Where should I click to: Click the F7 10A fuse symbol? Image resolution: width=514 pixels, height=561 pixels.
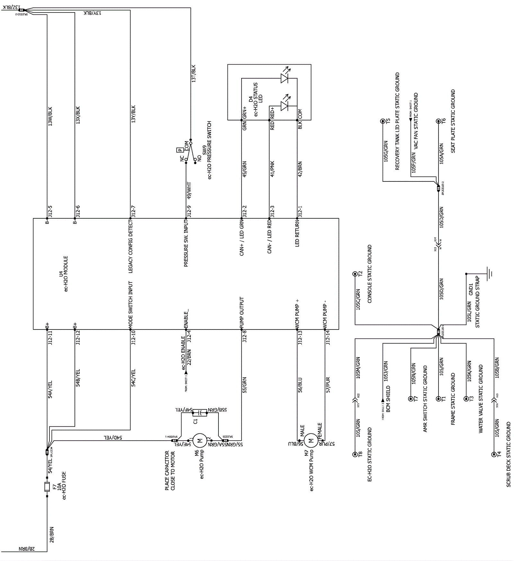[x=47, y=487]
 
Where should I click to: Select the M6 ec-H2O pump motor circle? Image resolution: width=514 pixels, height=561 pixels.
[x=200, y=440]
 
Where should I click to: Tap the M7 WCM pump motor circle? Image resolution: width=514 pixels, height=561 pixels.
[x=311, y=441]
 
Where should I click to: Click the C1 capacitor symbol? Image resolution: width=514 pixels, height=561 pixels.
[x=200, y=413]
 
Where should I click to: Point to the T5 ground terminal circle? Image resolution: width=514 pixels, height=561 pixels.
[x=383, y=121]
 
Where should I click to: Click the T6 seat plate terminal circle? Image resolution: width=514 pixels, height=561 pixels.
[x=438, y=121]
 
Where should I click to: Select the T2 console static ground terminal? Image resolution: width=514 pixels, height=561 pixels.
[x=355, y=274]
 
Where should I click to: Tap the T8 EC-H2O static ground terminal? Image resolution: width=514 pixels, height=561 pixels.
[x=355, y=454]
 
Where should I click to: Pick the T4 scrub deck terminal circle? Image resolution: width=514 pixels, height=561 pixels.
[x=494, y=454]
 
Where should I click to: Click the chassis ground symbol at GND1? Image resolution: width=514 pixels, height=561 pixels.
[x=489, y=274]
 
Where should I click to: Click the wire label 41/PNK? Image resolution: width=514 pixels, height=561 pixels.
[x=272, y=169]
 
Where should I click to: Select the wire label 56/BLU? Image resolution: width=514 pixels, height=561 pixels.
[x=300, y=385]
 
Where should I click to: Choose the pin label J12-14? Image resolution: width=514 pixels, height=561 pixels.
[x=328, y=337]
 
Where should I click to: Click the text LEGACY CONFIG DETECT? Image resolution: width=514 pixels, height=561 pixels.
[x=131, y=246]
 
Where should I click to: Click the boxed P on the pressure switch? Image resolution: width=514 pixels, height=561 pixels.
[x=179, y=150]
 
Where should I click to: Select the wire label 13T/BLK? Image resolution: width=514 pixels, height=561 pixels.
[x=193, y=74]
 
